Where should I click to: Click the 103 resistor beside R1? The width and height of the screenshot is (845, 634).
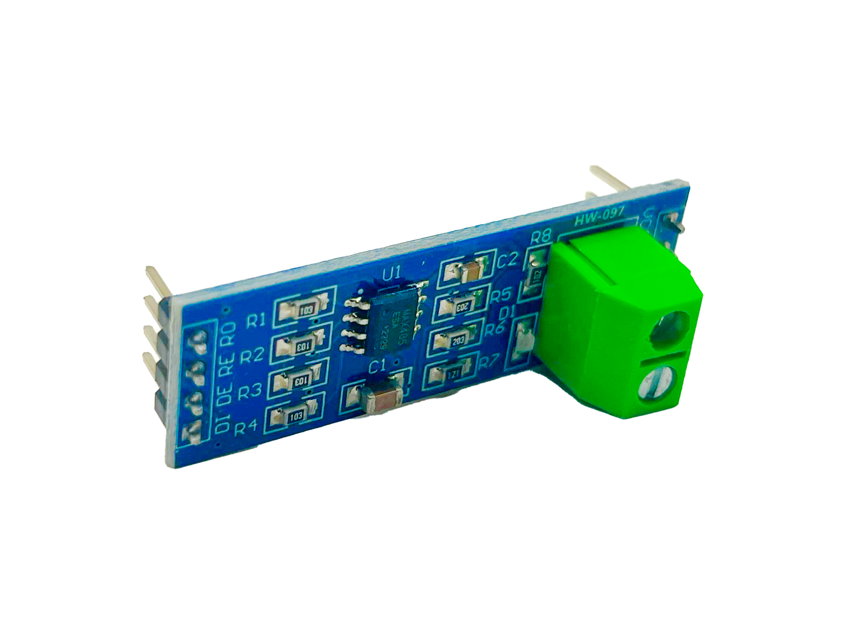tap(306, 309)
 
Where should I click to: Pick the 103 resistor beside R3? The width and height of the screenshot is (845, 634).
tap(299, 381)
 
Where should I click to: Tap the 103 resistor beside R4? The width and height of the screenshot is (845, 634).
tap(295, 416)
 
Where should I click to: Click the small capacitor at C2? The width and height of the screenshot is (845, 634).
tap(472, 270)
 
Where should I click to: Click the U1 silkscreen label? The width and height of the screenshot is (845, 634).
tap(391, 274)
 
